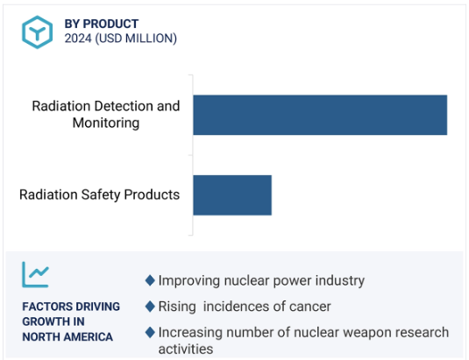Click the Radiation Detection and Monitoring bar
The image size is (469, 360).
click(x=320, y=115)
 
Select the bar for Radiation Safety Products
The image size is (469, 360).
click(x=232, y=195)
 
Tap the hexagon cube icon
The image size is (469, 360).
click(x=38, y=32)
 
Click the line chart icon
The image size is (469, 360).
click(x=35, y=274)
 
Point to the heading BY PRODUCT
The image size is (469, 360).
click(x=102, y=24)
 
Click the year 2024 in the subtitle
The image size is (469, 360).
click(x=78, y=39)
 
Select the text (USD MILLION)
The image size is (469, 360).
click(x=136, y=39)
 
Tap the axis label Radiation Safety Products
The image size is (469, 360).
click(x=99, y=194)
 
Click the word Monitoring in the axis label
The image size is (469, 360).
click(x=106, y=123)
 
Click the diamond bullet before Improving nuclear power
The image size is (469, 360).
click(x=150, y=280)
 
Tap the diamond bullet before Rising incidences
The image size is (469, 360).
click(x=150, y=307)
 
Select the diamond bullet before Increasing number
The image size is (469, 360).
click(x=150, y=332)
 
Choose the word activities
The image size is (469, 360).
click(x=186, y=349)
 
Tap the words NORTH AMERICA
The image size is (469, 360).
click(x=68, y=337)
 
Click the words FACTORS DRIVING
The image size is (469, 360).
click(x=71, y=307)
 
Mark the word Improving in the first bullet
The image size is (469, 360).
click(x=189, y=281)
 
